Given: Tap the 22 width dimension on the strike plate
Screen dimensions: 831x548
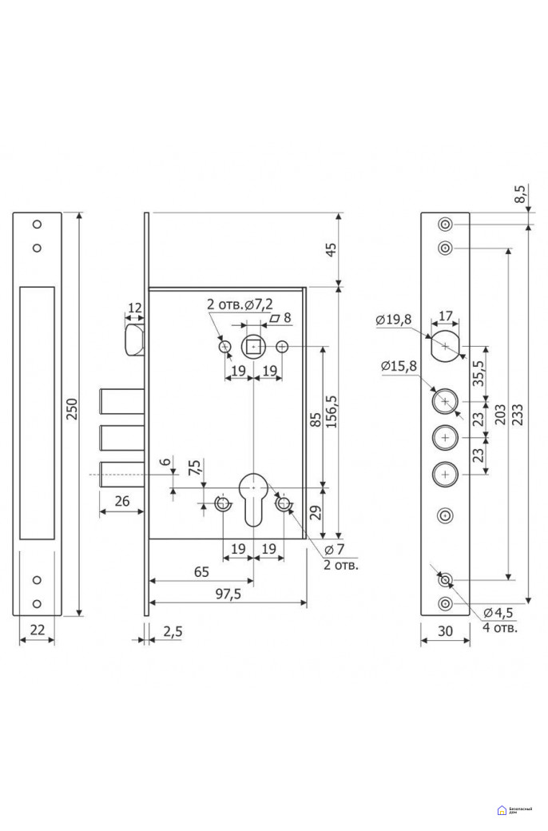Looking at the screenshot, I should [x=37, y=630].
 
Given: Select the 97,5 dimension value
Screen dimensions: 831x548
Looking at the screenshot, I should [x=228, y=594].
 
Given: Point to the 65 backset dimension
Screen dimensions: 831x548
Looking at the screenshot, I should [x=201, y=571].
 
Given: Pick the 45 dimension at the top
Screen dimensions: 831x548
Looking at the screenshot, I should [x=332, y=248].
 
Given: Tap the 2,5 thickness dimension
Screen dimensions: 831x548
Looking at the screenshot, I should [x=172, y=630].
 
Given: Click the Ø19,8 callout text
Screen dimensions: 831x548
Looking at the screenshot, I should [x=394, y=320].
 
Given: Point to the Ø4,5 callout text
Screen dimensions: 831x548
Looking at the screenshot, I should [x=500, y=614].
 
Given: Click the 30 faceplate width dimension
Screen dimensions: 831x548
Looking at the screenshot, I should [x=445, y=630].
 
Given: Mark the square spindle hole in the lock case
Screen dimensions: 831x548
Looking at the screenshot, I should [x=253, y=347].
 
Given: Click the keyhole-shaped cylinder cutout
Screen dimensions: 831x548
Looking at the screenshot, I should [x=253, y=496].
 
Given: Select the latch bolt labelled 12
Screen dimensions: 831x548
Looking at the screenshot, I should [x=133, y=337].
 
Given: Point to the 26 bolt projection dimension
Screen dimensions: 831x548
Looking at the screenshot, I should [x=121, y=502].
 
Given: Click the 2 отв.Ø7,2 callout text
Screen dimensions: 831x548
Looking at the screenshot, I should [x=240, y=304].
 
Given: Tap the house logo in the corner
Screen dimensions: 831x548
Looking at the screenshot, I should [x=501, y=810].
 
